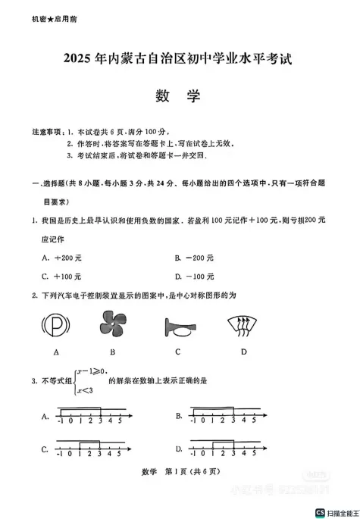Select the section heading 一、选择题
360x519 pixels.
pos(51,183)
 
